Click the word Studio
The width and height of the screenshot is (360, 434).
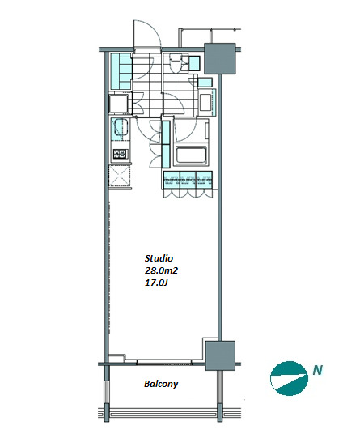tap(159, 258)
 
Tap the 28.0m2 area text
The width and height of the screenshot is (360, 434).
tap(161, 270)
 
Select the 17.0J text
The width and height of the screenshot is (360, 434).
tap(156, 283)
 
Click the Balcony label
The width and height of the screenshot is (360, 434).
tap(161, 384)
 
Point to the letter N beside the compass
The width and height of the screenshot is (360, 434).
tap(318, 370)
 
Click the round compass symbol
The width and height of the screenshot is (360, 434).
tap(289, 378)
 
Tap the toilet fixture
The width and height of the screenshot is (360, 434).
tap(175, 63)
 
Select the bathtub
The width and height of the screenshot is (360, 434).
tap(191, 155)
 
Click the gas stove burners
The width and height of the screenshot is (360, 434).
tap(121, 154)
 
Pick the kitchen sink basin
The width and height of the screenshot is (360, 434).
tap(121, 127)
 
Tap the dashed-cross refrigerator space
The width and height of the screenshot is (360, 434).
tap(120, 176)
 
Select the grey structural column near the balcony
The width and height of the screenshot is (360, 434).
tap(220, 355)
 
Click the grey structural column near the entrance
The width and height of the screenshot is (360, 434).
tap(220, 58)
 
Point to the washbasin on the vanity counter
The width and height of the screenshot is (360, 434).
tap(205, 102)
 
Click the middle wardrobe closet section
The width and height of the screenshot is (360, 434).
tap(188, 181)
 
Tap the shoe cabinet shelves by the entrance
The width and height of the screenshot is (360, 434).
tap(121, 71)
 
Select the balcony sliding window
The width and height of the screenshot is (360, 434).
tap(164, 362)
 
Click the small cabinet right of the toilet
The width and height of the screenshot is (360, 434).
tap(194, 63)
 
